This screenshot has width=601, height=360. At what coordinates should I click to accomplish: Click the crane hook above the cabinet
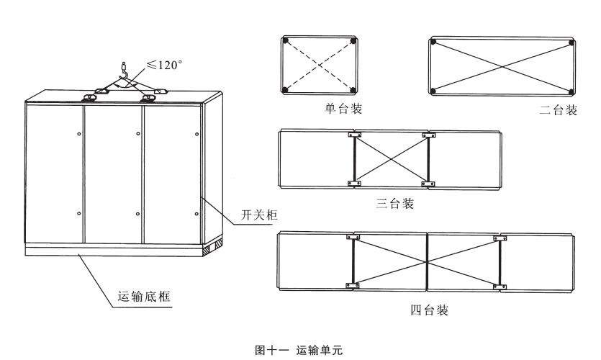[x=125, y=72]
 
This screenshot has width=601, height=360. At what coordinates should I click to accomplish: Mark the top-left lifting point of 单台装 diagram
[x=285, y=40]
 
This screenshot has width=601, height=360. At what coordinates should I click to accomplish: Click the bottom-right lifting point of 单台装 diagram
[x=353, y=89]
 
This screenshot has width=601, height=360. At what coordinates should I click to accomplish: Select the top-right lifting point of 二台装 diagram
[x=571, y=42]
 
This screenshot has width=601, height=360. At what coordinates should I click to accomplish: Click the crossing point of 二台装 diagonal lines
[x=502, y=66]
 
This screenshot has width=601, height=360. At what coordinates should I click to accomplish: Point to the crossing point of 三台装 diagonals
[x=391, y=159]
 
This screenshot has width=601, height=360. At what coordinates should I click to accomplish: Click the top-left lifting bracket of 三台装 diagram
[x=353, y=135]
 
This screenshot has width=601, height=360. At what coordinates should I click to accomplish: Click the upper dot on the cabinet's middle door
[x=137, y=132]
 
